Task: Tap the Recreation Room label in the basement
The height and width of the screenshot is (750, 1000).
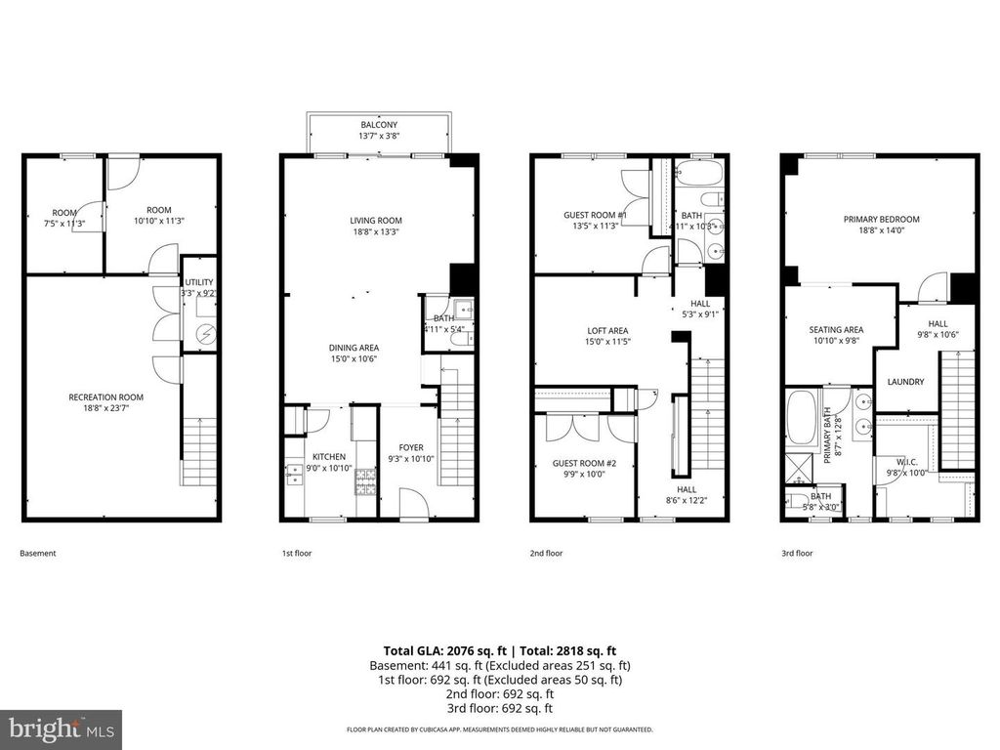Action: (105, 396)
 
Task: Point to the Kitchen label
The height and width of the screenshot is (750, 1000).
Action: (328, 457)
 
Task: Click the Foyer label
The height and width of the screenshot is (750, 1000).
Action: (411, 447)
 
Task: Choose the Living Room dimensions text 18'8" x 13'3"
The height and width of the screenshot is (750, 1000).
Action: (376, 232)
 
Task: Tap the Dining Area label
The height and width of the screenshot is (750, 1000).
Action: (354, 348)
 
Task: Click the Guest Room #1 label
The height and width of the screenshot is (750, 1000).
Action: (595, 215)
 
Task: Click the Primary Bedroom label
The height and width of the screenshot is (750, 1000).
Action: (881, 220)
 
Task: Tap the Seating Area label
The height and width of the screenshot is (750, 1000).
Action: (836, 330)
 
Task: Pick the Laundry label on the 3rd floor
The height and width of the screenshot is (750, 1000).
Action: (904, 382)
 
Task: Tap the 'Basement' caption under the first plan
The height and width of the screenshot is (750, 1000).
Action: (38, 554)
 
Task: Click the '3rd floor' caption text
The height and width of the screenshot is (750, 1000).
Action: (796, 554)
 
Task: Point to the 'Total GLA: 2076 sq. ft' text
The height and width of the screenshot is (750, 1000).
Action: (443, 650)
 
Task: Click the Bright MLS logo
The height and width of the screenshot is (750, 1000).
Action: (61, 729)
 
